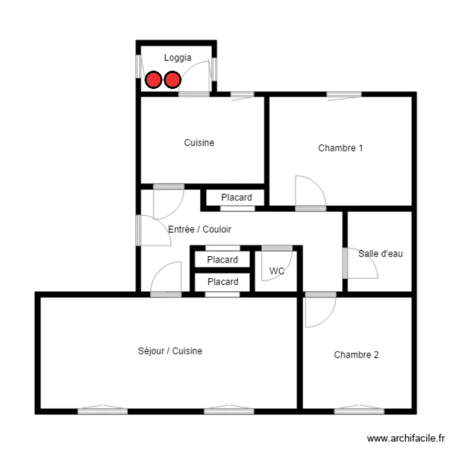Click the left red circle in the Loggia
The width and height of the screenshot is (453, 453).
click(153, 80)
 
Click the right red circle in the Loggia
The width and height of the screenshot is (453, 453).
click(173, 80)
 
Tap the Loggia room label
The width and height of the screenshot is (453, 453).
click(178, 58)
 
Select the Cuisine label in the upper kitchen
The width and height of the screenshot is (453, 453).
click(199, 143)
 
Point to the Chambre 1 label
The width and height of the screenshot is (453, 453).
click(340, 148)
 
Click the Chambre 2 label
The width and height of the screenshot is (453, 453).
click(356, 355)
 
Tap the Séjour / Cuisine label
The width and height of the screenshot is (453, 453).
click(170, 351)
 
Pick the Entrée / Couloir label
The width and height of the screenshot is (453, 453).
click(199, 230)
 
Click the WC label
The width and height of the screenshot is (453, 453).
click(277, 271)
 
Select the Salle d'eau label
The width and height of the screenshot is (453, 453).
click(380, 254)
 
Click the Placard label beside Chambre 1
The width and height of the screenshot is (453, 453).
click(236, 198)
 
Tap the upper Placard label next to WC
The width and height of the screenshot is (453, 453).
click(222, 260)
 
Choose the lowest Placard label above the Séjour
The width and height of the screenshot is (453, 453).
click(222, 282)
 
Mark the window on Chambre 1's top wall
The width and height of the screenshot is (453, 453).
click(344, 94)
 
